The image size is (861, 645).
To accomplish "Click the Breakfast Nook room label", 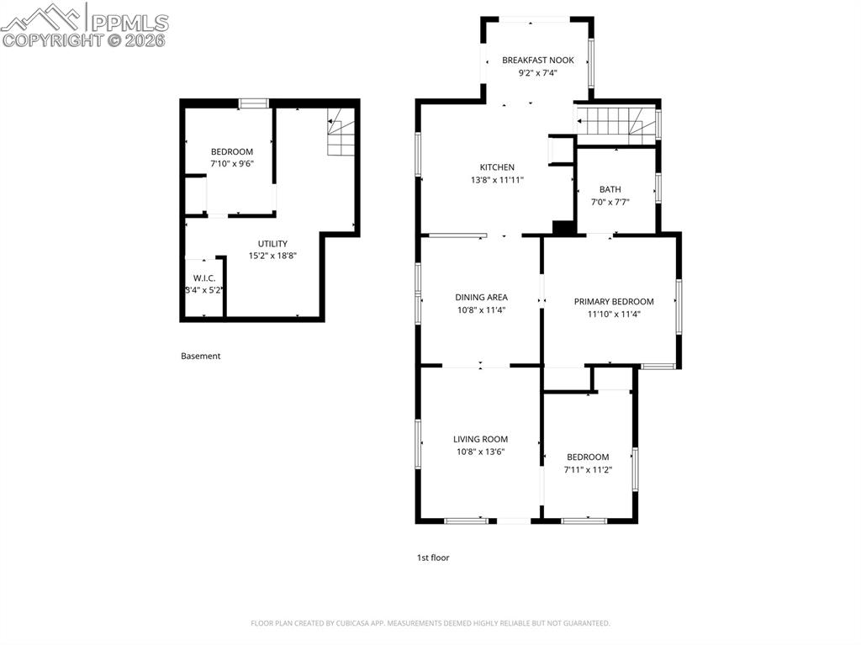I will click(538, 61).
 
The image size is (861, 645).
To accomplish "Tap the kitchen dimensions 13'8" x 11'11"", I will click(497, 180).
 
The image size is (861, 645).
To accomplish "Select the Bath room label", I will click(610, 189).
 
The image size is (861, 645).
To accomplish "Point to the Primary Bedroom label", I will click(613, 302).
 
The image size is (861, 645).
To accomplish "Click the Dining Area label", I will click(481, 298).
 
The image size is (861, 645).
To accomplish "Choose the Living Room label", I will click(480, 439).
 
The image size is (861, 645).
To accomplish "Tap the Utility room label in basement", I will click(272, 244).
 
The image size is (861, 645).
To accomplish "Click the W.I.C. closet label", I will click(204, 278).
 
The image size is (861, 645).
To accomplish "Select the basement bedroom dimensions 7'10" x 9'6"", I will click(231, 164).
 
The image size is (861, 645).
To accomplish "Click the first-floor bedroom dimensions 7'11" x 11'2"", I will click(588, 469).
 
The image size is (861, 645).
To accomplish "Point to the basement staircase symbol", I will click(341, 134).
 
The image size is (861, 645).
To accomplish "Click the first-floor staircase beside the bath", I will click(615, 123).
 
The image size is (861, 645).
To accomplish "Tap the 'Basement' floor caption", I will click(200, 356).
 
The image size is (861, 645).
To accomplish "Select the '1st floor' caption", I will click(433, 558).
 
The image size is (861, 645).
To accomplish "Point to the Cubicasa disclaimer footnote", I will click(430, 623).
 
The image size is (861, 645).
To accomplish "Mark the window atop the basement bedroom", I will click(253, 103).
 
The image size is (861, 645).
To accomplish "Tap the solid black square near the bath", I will click(563, 227).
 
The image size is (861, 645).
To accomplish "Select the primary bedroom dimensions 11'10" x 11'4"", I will click(613, 315).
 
